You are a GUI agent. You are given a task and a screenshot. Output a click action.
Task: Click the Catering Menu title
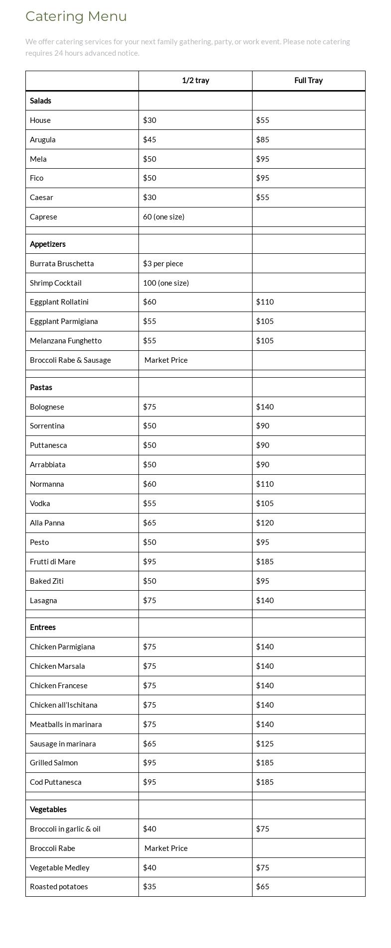click(76, 16)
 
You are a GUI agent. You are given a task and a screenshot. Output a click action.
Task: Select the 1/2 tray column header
click(195, 81)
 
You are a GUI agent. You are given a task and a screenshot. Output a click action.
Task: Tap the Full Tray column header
click(308, 81)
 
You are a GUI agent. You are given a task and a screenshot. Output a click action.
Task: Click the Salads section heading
click(40, 101)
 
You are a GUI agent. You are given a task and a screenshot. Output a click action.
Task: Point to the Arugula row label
click(43, 140)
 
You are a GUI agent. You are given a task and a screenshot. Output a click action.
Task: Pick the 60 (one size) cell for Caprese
click(163, 217)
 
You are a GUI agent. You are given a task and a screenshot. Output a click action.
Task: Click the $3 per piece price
click(163, 264)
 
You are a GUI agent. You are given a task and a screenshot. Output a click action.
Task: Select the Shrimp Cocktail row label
click(56, 283)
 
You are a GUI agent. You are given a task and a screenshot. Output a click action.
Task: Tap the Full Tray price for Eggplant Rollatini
click(265, 302)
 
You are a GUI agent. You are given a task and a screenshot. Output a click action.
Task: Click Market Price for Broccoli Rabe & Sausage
click(166, 360)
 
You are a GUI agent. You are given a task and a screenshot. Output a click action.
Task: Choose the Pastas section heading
click(40, 388)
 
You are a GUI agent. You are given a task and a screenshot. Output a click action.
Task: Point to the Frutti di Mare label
click(53, 562)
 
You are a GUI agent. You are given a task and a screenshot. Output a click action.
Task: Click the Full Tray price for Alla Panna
click(265, 523)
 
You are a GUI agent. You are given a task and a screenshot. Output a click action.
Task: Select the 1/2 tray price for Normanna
click(149, 484)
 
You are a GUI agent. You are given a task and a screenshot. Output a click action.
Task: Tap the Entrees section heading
click(43, 628)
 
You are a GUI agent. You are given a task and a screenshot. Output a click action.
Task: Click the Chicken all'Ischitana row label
click(64, 705)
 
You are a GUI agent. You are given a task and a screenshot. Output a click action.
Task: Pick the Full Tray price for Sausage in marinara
click(265, 744)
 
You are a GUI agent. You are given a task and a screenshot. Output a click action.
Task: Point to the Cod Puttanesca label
click(56, 782)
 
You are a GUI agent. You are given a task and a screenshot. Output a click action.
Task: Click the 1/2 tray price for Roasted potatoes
click(149, 887)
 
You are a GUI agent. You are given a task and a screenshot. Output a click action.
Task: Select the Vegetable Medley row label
click(60, 868)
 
